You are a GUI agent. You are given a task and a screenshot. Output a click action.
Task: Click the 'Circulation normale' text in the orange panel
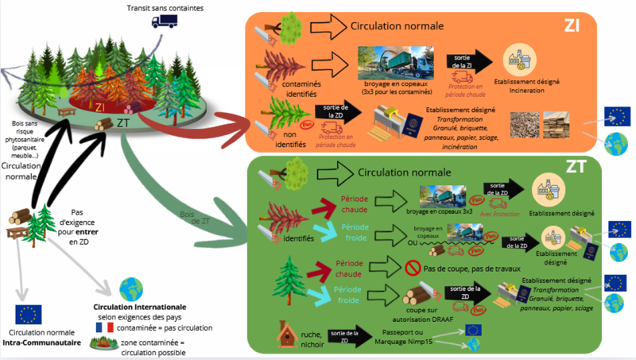coord(397,26)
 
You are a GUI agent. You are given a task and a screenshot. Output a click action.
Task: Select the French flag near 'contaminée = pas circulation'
coord(103,327)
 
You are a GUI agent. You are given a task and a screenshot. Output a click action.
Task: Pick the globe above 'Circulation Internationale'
coord(128,288)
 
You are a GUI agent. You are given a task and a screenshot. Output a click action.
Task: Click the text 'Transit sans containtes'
coord(165,8)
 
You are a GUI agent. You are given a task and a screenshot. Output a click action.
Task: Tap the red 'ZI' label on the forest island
coord(100,105)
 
